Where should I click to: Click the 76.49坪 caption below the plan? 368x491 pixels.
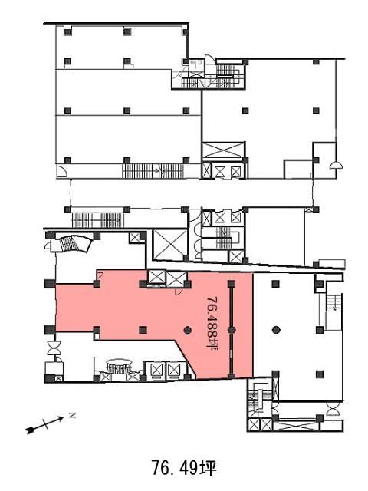point(184,468)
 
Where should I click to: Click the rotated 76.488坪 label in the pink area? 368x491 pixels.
point(212,323)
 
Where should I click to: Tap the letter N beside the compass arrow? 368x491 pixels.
point(73,416)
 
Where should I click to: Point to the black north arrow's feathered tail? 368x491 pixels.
point(31,430)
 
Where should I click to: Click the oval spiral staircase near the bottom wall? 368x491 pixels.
point(120,366)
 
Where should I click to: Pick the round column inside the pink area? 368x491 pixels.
point(187,330)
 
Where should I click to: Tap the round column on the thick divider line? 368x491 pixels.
point(232,330)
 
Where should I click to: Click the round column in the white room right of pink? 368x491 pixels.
point(276,330)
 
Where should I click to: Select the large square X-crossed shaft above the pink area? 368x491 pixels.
point(169,245)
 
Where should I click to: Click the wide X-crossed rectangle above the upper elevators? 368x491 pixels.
point(223,151)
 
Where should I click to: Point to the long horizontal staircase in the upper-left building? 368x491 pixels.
point(153,171)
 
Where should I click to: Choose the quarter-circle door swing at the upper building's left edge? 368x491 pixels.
point(62,172)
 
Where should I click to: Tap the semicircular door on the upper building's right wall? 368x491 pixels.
point(337,165)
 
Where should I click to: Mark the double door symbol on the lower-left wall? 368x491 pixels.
point(54,348)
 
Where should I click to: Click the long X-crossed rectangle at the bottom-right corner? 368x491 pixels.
point(297,426)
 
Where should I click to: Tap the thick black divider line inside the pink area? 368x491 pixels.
point(232,330)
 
